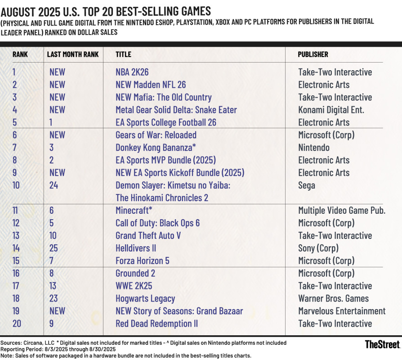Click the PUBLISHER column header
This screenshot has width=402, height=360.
pyautogui.click(x=313, y=54)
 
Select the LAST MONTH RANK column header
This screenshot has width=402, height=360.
pyautogui.click(x=73, y=54)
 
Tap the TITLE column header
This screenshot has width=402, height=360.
pyautogui.click(x=124, y=54)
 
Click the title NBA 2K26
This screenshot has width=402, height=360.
pyautogui.click(x=132, y=72)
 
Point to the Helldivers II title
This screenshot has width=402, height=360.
pyautogui.click(x=136, y=248)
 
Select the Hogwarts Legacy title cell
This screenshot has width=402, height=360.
pyautogui.click(x=145, y=298)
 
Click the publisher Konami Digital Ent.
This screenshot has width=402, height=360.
pyautogui.click(x=331, y=110)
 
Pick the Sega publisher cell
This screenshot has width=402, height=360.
pyautogui.click(x=307, y=185)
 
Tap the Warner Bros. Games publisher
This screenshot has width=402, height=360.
pyautogui.click(x=333, y=298)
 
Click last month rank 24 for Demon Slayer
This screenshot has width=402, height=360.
pyautogui.click(x=54, y=185)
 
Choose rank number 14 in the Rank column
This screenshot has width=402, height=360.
pyautogui.click(x=16, y=248)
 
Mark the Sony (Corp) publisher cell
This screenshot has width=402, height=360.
pyautogui.click(x=318, y=248)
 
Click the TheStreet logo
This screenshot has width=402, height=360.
pyautogui.click(x=382, y=345)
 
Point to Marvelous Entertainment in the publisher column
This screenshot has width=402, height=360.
pyautogui.click(x=342, y=311)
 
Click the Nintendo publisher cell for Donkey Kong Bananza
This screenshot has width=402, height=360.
pyautogui.click(x=314, y=148)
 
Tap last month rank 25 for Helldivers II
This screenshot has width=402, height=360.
pyautogui.click(x=54, y=248)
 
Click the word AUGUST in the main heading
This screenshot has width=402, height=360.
pyautogui.click(x=21, y=10)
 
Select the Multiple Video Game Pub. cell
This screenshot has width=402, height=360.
pyautogui.click(x=342, y=210)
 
